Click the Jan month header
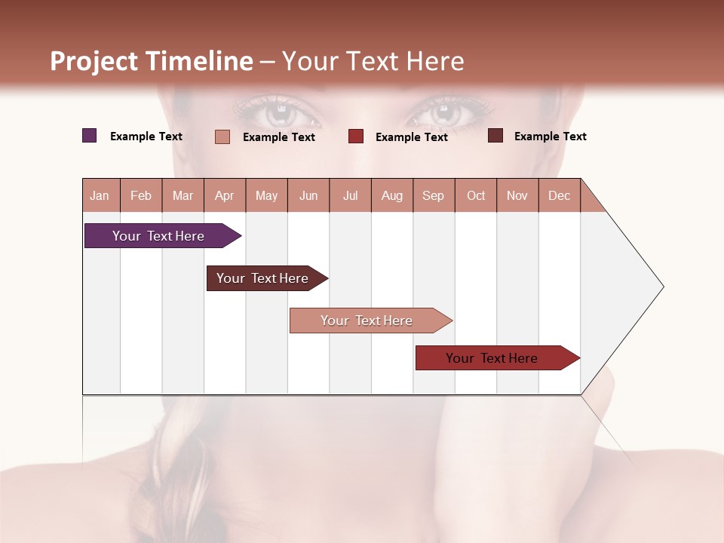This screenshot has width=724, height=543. pos(100,195)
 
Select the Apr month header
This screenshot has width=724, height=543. pos(224,195)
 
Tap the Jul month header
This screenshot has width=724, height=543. pos(350,195)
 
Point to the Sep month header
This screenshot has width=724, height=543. pos(433,195)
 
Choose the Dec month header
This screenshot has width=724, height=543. pos(559,195)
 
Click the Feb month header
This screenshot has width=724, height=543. pos(141,195)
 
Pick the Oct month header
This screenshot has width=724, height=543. pos(476,195)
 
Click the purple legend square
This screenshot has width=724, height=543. pos(89,136)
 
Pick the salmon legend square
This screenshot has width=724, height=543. pos(222,137)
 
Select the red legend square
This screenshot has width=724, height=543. pos(356,137)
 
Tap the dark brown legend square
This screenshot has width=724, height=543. pos(495,136)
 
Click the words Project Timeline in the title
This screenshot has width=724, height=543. pos(151,61)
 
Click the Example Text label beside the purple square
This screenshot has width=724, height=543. pos(146,137)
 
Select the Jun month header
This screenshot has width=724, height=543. pos(308,195)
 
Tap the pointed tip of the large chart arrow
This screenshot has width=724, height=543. pos(662,287)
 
